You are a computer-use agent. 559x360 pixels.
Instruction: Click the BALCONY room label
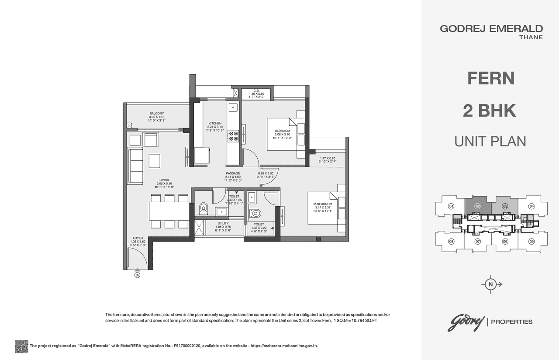156,114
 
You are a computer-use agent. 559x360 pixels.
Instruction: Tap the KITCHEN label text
215,123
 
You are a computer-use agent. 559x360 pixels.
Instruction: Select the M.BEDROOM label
323,204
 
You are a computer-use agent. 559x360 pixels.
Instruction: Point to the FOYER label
138,238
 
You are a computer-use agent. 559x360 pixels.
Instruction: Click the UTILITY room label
223,223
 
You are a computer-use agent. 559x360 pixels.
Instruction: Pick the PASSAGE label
233,173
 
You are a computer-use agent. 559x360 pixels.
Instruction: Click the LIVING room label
164,180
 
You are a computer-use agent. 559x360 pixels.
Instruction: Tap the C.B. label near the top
257,90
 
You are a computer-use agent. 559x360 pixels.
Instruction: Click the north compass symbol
491,284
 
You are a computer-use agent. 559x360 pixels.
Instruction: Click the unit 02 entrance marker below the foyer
137,275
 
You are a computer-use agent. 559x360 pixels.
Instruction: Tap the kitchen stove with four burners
233,136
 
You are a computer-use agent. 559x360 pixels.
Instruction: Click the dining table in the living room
169,211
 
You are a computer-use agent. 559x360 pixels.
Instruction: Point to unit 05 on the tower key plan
531,241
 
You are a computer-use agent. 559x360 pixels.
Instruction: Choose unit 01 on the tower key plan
451,206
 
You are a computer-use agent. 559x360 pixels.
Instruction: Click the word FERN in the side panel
491,78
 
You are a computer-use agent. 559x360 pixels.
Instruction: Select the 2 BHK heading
490,111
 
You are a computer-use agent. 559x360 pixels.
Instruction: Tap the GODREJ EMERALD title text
491,29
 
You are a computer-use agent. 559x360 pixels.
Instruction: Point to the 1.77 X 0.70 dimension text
327,158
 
